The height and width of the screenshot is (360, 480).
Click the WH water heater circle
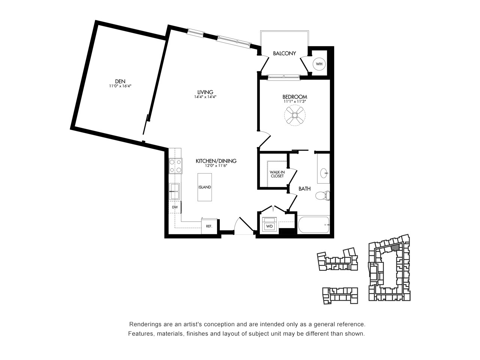[319, 64]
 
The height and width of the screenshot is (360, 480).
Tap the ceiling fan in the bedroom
[295, 115]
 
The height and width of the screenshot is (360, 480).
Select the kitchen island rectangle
[205, 187]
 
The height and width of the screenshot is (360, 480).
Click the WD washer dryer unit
[269, 226]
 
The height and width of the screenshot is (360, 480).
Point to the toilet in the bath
[323, 195]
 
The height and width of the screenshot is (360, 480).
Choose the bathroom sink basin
[324, 173]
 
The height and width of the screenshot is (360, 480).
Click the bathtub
[313, 225]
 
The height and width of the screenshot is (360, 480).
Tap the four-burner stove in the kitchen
[175, 166]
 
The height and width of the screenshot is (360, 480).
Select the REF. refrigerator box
[209, 226]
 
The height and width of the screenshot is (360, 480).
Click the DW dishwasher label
[175, 207]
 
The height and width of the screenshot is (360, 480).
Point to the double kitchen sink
[174, 191]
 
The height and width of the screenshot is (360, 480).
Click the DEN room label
[120, 81]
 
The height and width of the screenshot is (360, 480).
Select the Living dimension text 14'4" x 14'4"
[205, 97]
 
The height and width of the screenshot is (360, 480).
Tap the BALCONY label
[284, 53]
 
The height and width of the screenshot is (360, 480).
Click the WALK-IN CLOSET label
[277, 174]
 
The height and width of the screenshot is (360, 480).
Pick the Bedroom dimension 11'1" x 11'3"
[294, 101]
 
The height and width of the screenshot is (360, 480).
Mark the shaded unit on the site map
[395, 247]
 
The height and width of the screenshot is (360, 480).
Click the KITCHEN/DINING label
[216, 161]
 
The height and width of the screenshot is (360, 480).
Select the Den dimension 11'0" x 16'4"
[120, 86]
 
